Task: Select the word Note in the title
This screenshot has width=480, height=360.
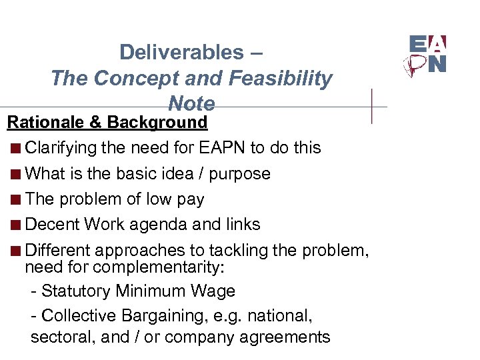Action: (191, 104)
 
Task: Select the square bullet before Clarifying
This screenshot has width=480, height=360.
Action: (16, 148)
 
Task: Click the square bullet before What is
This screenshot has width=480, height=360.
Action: (16, 174)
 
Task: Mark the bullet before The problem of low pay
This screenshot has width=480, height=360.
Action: (16, 199)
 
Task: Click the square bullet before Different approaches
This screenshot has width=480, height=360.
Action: (16, 251)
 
